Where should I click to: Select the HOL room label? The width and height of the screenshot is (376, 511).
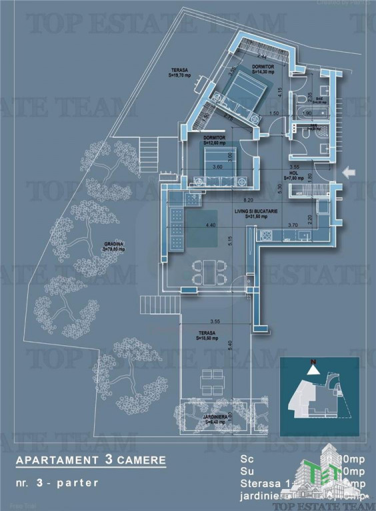(293, 176)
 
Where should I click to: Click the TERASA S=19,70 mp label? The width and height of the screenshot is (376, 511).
(179, 73)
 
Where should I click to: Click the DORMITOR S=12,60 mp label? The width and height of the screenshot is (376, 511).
(215, 140)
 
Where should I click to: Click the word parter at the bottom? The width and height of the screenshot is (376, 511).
(79, 481)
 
